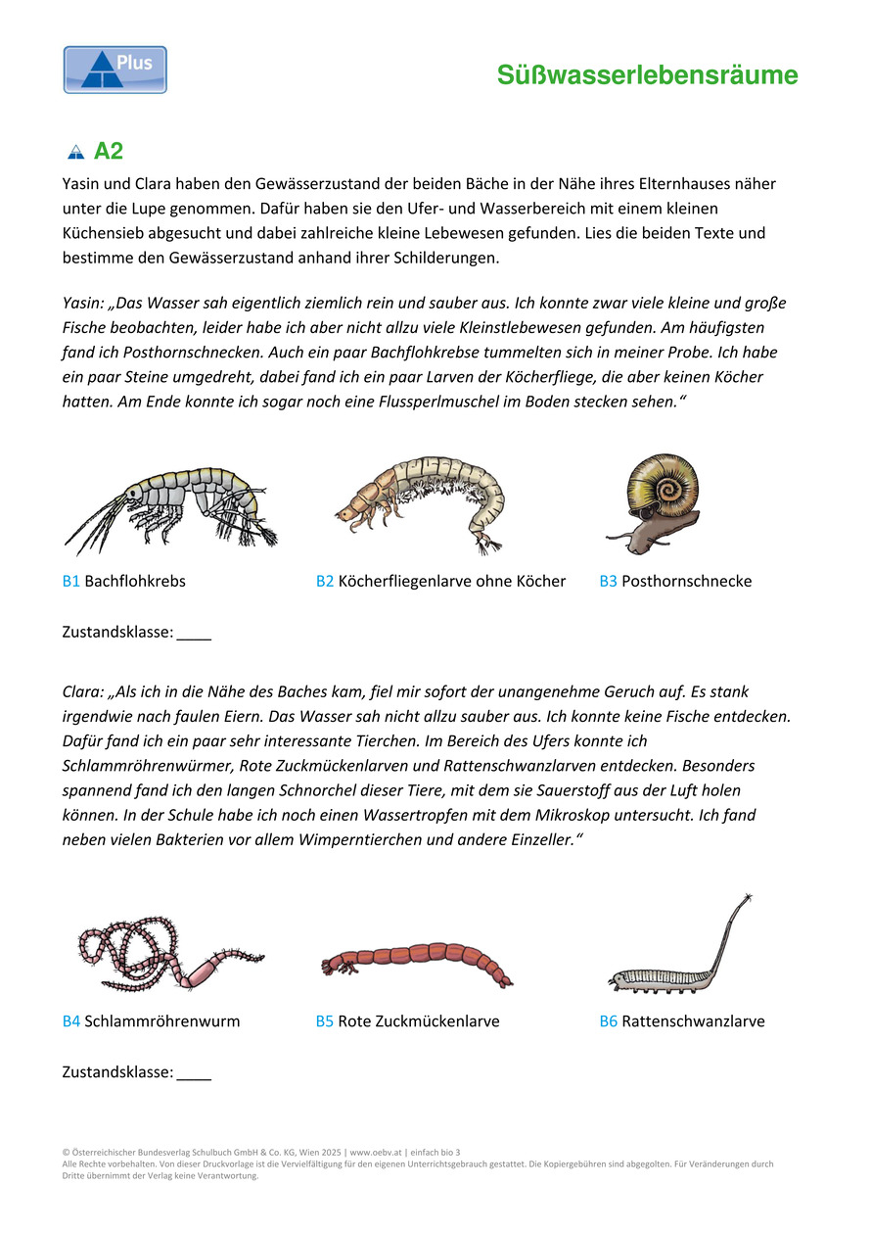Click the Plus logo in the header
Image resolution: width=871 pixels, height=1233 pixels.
click(115, 70)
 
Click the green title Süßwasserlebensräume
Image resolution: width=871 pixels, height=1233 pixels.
click(647, 75)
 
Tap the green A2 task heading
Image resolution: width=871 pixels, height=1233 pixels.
click(108, 152)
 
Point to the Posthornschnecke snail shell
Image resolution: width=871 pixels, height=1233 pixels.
click(654, 485)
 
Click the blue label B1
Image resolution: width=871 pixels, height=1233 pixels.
click(70, 581)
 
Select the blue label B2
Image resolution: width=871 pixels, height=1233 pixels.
click(325, 581)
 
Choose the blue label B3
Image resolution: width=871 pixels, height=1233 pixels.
click(608, 581)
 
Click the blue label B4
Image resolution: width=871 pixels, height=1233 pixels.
click(71, 1021)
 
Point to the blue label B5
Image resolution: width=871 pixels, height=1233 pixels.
click(325, 1021)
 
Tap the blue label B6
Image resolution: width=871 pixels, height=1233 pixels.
click(608, 1021)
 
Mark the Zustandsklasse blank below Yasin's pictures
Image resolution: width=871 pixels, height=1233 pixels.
click(194, 634)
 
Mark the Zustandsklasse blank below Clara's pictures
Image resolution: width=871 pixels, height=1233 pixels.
click(194, 1073)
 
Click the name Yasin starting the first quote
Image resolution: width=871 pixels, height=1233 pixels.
click(82, 304)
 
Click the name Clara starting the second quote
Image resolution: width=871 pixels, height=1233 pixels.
click(82, 691)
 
